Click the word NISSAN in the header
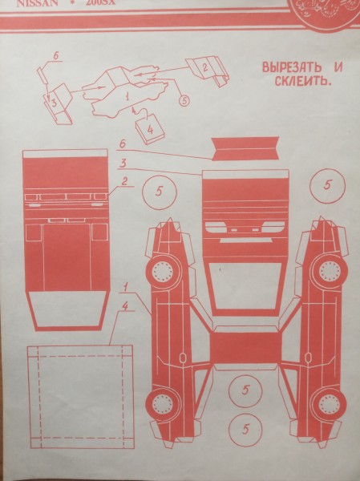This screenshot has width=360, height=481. point(37,3)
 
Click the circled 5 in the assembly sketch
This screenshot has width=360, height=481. point(184,102)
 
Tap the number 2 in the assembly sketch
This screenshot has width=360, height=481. point(204,67)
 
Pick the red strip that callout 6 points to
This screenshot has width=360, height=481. point(245,148)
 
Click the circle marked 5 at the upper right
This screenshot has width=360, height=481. point(327,185)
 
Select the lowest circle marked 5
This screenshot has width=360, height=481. point(245,430)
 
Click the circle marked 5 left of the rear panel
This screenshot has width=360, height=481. point(159,191)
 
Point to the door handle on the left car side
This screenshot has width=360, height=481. point(183,358)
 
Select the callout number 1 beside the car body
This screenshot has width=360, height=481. point(126,287)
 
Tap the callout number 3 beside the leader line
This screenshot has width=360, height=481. point(123,163)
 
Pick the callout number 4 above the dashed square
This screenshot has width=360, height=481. point(125,305)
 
